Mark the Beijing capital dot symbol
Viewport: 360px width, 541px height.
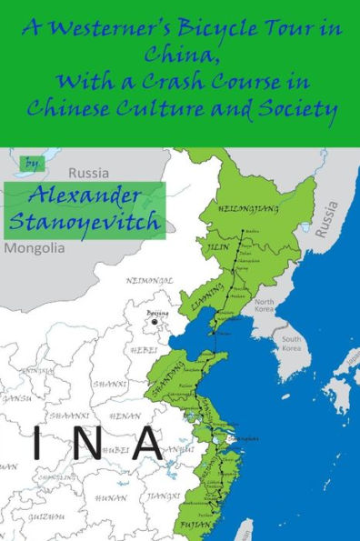pyautogui.click(x=155, y=322)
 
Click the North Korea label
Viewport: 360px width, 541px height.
pyautogui.click(x=265, y=305)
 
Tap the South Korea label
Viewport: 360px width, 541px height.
pyautogui.click(x=291, y=342)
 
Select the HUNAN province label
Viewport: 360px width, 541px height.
pyautogui.click(x=111, y=497)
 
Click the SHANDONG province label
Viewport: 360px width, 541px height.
pyautogui.click(x=177, y=382)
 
